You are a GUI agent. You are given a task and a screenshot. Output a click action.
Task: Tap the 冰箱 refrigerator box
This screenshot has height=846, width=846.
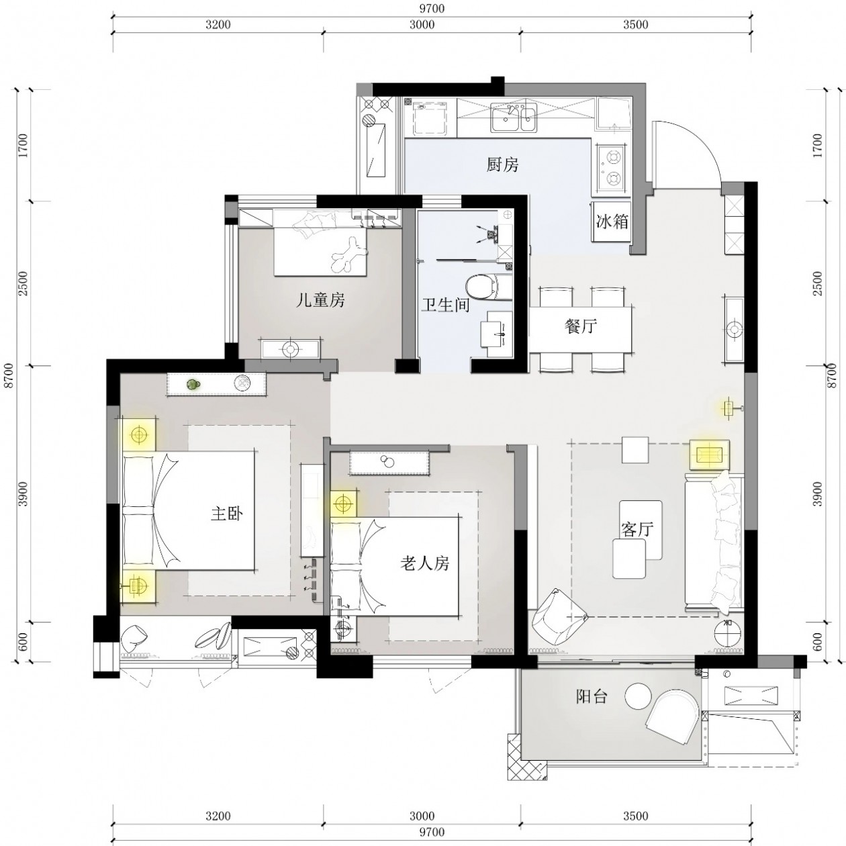612,221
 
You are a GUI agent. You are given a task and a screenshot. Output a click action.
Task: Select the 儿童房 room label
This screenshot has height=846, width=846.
320,300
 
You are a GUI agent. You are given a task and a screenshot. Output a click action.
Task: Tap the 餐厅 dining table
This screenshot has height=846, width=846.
581,328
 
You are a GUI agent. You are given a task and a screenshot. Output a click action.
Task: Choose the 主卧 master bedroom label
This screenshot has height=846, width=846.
226,514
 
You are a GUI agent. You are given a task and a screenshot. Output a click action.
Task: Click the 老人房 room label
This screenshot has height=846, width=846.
424,563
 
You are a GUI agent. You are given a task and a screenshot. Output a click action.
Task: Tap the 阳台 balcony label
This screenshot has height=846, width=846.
592,697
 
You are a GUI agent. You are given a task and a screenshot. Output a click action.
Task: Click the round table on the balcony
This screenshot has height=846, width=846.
637,696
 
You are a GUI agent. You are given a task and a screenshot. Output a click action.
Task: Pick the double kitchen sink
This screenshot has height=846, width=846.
513,118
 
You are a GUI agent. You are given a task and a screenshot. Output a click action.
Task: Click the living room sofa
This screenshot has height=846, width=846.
714,542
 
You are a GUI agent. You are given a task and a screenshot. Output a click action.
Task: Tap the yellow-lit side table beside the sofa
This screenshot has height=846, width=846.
709,455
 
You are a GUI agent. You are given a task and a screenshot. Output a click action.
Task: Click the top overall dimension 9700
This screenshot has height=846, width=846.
432,9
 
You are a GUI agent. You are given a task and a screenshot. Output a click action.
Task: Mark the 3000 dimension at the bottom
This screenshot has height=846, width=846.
422,816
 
